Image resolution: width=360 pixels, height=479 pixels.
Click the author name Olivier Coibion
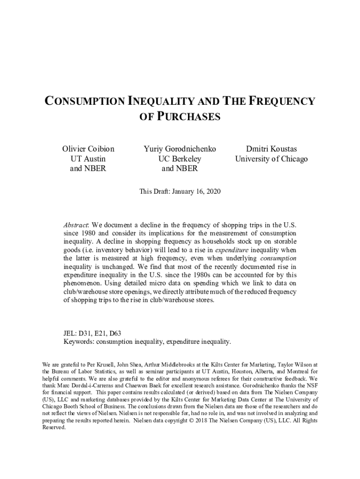tap(88, 149)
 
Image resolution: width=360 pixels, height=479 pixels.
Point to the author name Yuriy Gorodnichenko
tap(180, 149)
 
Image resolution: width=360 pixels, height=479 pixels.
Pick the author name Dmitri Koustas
tap(271, 149)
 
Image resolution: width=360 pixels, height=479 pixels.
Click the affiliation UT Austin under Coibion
tap(88, 159)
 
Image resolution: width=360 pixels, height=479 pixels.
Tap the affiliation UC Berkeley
tap(180, 159)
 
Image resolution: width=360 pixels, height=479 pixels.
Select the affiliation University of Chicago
tap(271, 159)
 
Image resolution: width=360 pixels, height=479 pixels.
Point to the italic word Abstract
tap(77, 225)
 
